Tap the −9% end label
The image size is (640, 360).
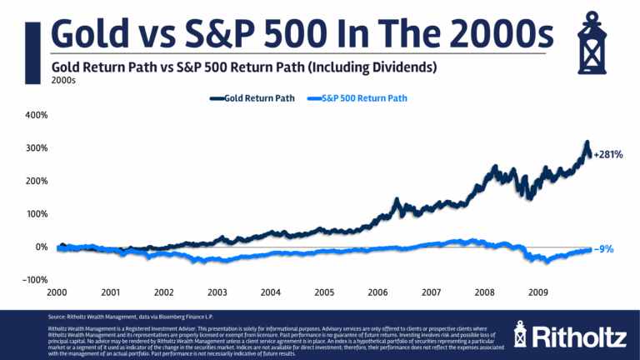[x=604, y=248]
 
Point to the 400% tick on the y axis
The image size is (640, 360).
[x=35, y=114]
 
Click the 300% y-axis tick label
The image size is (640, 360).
[x=35, y=147]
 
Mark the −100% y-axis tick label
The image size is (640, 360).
[x=32, y=280]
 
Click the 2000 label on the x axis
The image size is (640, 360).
[x=57, y=292]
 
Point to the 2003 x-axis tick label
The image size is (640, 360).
[x=217, y=292]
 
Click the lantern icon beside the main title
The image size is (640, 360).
[x=598, y=37]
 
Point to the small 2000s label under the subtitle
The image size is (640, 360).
[x=63, y=81]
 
